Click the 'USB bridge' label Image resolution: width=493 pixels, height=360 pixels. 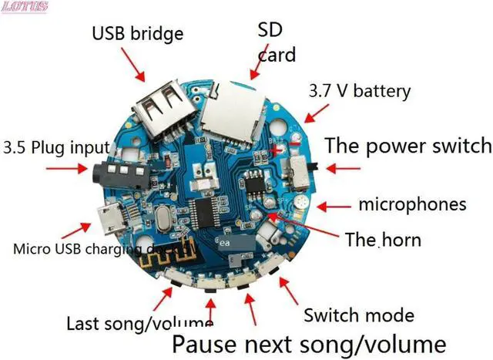coord(138,34)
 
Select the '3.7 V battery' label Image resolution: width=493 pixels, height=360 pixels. coord(360,90)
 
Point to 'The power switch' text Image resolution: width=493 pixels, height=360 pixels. coord(407,145)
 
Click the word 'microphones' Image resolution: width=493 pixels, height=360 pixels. coord(412,205)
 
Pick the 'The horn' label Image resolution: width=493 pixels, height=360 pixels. coord(383,240)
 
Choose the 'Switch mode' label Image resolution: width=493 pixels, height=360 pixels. coord(359,315)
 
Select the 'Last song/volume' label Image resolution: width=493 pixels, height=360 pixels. coord(139,323)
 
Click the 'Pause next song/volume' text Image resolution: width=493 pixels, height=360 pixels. coord(308,342)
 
